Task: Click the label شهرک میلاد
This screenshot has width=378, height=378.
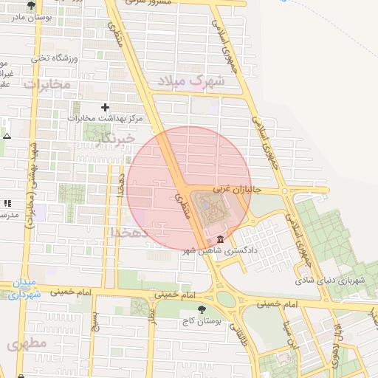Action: [195, 80]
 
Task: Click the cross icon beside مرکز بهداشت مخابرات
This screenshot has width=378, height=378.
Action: [105, 107]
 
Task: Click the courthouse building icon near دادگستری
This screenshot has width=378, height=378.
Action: [221, 239]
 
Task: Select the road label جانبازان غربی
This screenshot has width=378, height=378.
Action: [233, 190]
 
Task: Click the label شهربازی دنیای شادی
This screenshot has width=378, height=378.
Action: [330, 281]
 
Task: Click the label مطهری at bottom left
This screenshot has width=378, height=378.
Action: [27, 344]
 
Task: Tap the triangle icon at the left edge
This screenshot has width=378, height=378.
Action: [7, 136]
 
